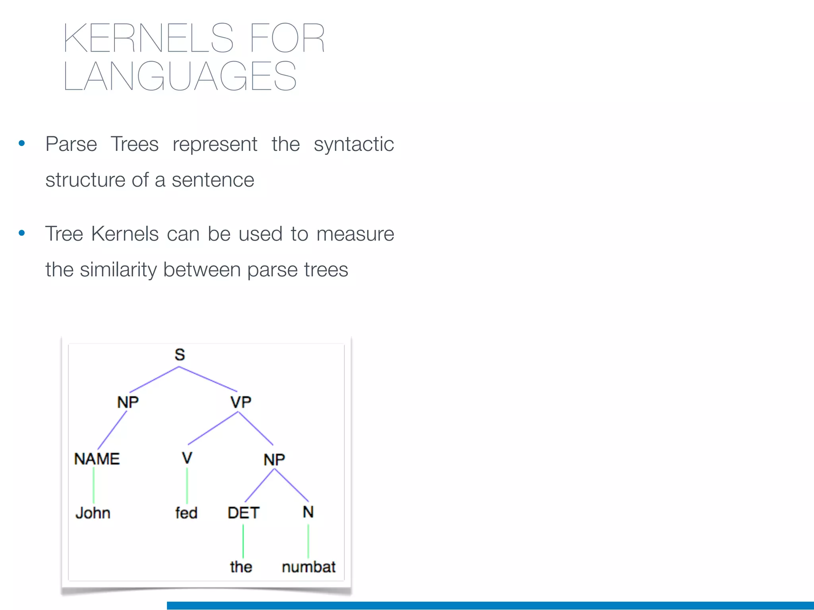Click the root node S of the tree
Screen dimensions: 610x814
[180, 355]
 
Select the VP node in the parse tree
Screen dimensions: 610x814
[241, 402]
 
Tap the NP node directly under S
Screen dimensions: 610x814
[128, 402]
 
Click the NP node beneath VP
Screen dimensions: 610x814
[274, 460]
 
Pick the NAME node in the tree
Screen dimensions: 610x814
[97, 459]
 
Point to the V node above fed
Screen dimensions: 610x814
[187, 458]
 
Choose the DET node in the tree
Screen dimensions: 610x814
[243, 513]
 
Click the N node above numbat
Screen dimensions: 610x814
[308, 512]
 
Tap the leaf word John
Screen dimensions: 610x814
[93, 513]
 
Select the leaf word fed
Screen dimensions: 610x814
[186, 513]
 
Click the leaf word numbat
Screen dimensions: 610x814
[309, 567]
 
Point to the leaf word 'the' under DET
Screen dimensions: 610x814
[241, 567]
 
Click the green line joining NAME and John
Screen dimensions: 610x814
[94, 486]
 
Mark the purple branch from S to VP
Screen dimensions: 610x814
[208, 379]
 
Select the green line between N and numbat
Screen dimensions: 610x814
[308, 541]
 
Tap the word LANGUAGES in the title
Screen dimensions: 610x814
[180, 76]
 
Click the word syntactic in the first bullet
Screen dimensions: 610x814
[354, 144]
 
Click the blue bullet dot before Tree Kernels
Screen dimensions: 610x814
[22, 233]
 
